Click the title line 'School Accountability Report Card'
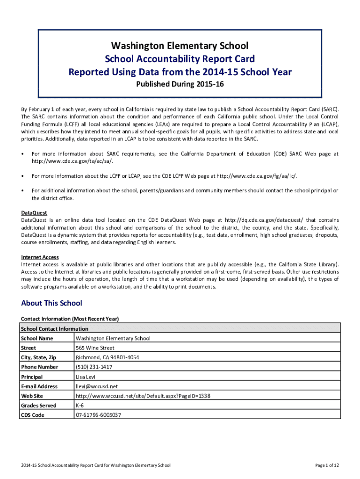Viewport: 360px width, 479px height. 180,59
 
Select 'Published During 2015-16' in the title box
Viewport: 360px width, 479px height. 180,85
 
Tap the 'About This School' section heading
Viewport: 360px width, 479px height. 51,303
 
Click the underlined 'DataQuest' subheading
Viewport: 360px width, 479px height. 34,213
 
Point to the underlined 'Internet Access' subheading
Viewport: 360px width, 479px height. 40,257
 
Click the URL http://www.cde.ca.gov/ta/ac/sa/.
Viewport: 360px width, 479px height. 72,161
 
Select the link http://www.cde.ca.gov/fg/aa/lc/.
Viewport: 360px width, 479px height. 256,176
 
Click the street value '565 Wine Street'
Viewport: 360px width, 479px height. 95,348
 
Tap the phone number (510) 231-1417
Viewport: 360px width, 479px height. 94,367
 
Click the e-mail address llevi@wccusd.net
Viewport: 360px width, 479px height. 97,386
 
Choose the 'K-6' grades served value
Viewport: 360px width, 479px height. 80,406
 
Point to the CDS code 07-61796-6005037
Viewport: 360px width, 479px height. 98,415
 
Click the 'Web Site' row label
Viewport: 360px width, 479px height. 32,396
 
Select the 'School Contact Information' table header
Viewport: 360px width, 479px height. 54,329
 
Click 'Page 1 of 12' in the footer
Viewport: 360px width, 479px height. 327,465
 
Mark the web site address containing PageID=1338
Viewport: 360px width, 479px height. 143,396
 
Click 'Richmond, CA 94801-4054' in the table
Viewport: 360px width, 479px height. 107,358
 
